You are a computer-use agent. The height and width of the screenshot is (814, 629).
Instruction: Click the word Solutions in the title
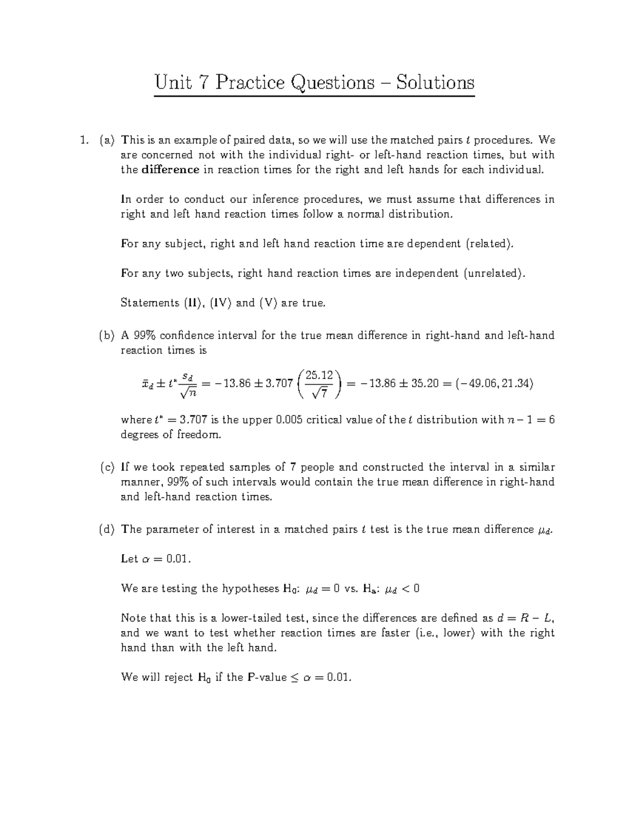pos(435,83)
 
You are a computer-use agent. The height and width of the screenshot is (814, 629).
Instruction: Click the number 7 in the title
pos(202,83)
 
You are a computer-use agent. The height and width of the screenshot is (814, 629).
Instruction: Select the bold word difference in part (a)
pos(170,170)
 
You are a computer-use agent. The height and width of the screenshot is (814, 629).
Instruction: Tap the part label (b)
pos(106,335)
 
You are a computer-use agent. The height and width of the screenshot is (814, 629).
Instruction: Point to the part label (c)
pos(106,467)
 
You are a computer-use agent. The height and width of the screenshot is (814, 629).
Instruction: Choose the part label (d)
pos(106,529)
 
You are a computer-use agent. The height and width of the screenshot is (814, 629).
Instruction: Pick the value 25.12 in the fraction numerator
pos(319,375)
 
